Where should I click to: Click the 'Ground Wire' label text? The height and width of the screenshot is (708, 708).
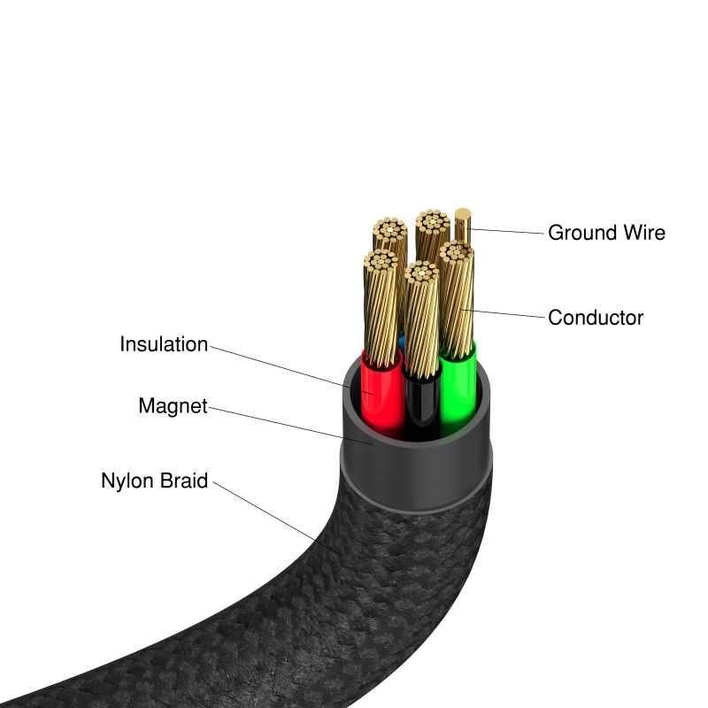pyautogui.click(x=606, y=233)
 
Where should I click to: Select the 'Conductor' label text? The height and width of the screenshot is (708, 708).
pyautogui.click(x=596, y=317)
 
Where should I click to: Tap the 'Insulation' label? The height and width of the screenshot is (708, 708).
pyautogui.click(x=164, y=344)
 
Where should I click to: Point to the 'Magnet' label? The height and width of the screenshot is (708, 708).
pyautogui.click(x=173, y=406)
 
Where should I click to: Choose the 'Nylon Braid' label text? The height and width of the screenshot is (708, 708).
pyautogui.click(x=155, y=481)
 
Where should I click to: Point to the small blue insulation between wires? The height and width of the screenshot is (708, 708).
pyautogui.click(x=404, y=341)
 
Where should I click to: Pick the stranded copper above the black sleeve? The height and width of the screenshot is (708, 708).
pyautogui.click(x=421, y=319)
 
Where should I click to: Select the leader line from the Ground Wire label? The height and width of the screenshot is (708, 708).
pyautogui.click(x=509, y=232)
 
